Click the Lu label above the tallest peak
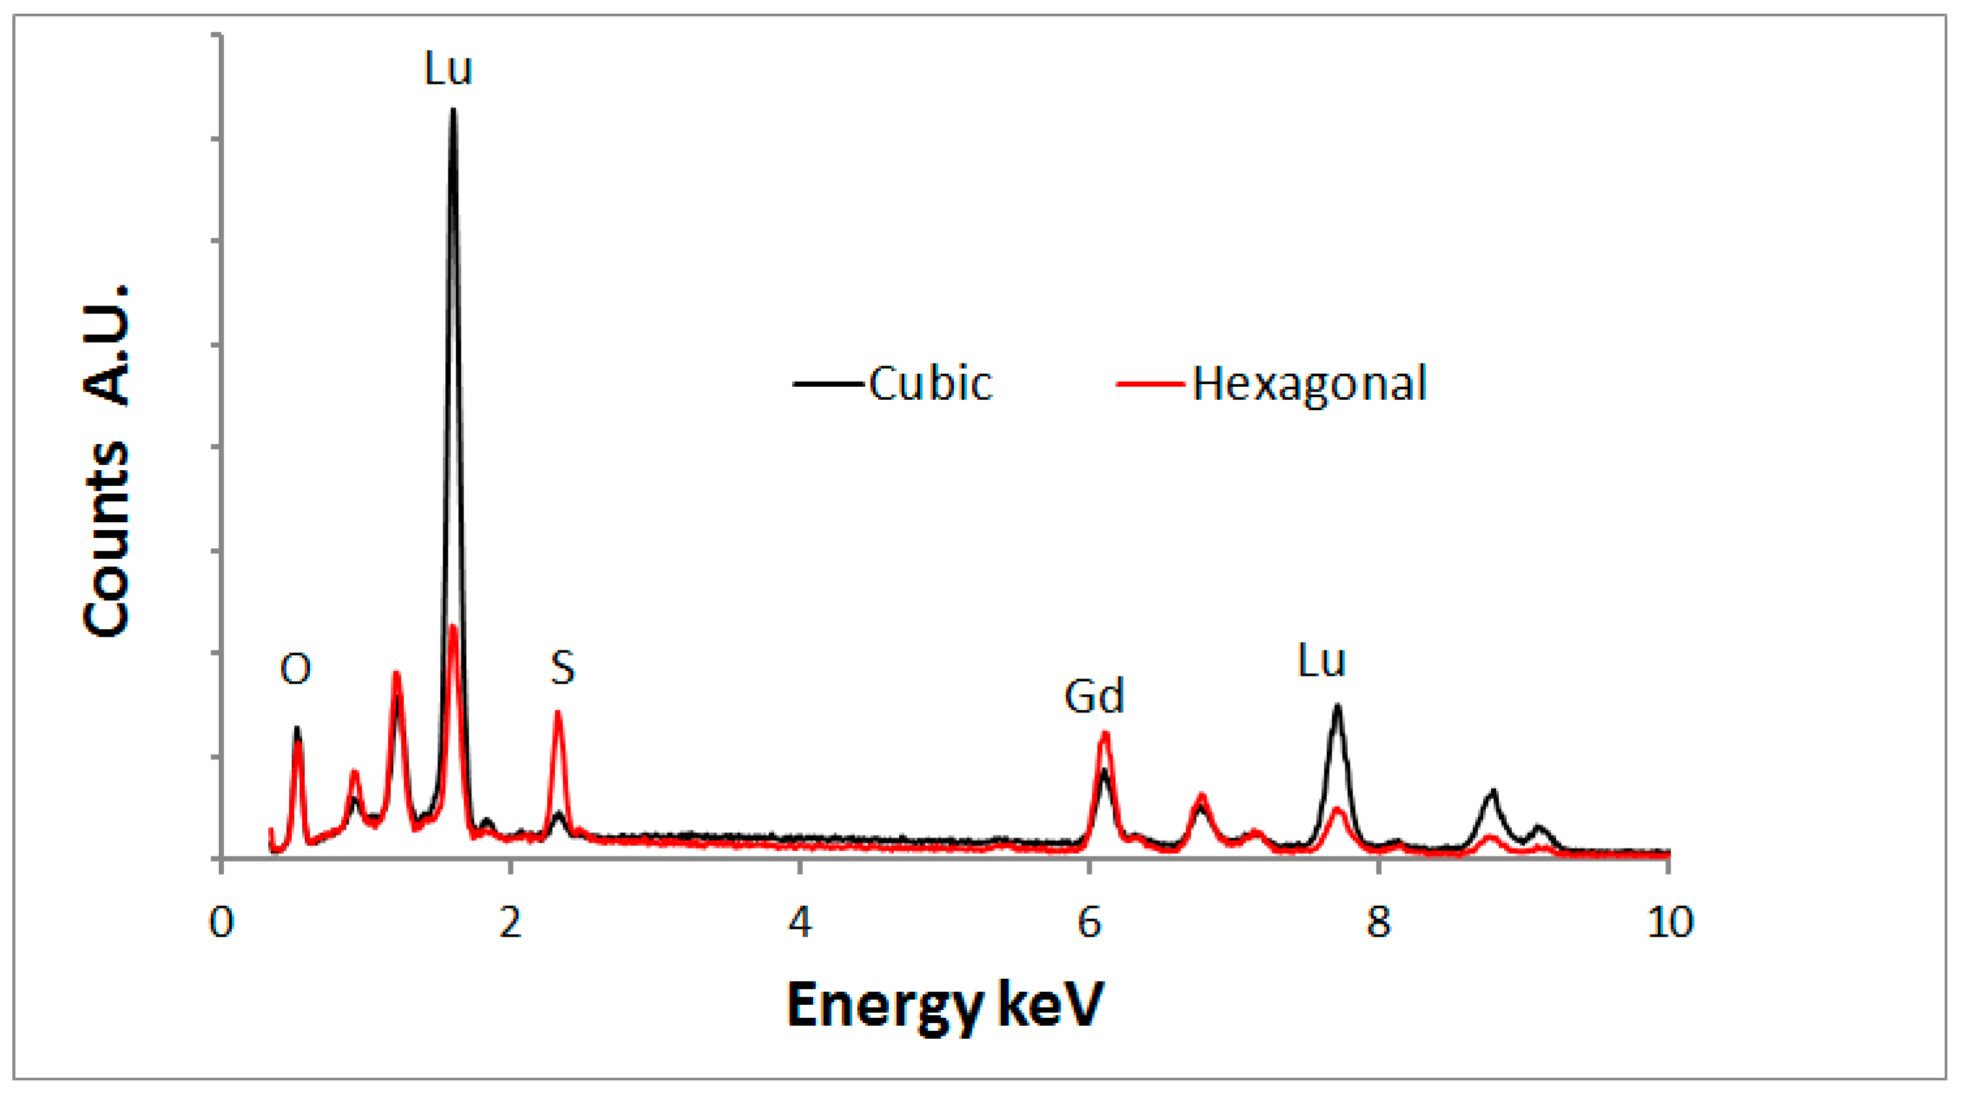coord(448,68)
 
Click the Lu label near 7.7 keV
coord(1322,660)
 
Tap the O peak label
coord(295,669)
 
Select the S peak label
coord(563,667)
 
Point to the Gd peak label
coord(1094,696)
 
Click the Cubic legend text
coord(930,383)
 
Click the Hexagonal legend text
coord(1309,384)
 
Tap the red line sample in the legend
coord(1150,384)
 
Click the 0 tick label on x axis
coord(221,923)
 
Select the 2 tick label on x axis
coord(510,923)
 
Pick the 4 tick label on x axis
coord(800,923)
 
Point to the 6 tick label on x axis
coord(1089,923)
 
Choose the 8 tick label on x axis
coord(1378,923)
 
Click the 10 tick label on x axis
coord(1669,923)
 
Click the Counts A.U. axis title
coord(107,461)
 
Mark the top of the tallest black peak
coord(452,111)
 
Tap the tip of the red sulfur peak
coord(558,712)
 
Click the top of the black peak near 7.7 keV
coord(1337,707)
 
